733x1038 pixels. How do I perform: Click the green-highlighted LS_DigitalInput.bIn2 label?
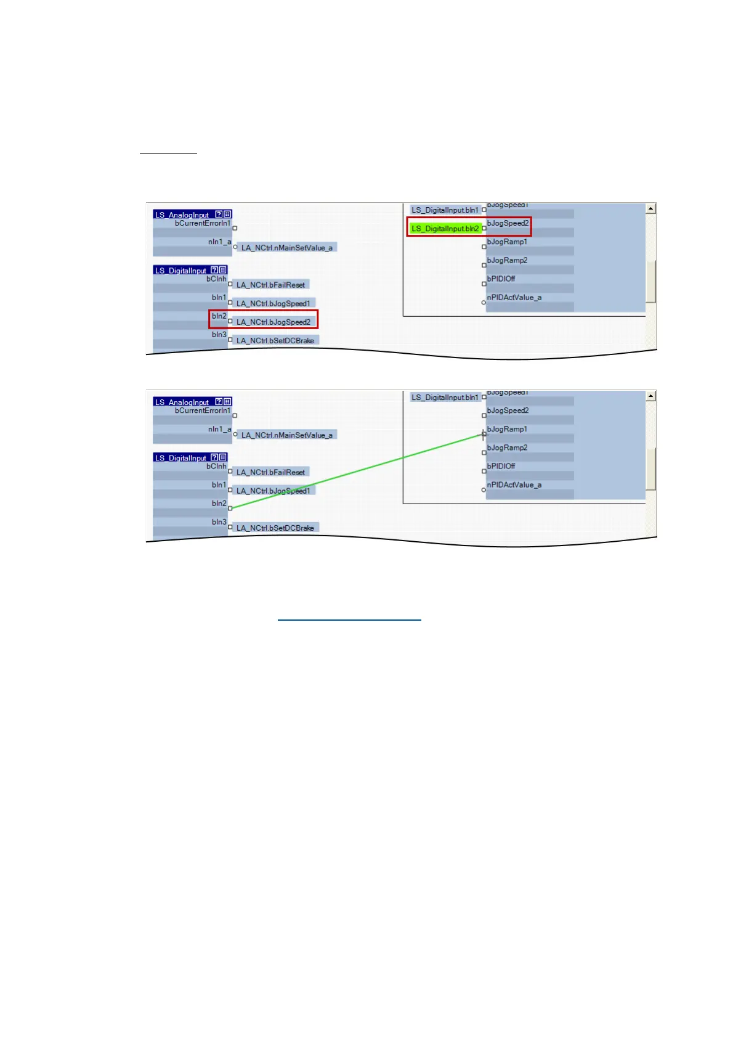tap(445, 229)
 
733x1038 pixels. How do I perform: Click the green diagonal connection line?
tap(357, 472)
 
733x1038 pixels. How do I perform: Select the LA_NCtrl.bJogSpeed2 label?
tap(273, 322)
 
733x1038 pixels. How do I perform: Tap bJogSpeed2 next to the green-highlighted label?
tap(508, 223)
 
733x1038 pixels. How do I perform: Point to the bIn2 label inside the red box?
tap(219, 316)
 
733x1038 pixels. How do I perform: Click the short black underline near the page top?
tap(168, 153)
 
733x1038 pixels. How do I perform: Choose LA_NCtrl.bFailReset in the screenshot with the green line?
tap(270, 472)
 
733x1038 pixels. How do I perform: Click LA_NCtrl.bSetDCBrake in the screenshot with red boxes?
tap(275, 340)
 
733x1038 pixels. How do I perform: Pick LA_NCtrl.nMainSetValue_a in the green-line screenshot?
tap(286, 435)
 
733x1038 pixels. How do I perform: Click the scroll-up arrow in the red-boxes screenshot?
tap(650, 209)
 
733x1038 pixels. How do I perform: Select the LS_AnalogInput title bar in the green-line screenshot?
tap(184, 402)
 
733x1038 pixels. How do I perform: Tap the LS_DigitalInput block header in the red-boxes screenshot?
tap(181, 271)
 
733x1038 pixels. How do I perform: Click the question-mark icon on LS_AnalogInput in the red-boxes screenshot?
tap(219, 215)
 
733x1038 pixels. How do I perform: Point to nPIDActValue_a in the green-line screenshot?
tap(514, 485)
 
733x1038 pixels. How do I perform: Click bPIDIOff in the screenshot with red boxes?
tap(501, 279)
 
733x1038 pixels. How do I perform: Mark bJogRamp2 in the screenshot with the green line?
tap(507, 447)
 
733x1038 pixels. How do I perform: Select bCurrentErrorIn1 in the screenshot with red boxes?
tap(203, 223)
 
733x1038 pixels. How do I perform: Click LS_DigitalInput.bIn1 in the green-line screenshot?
tap(445, 398)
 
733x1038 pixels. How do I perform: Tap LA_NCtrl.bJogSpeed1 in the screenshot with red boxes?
tap(273, 303)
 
